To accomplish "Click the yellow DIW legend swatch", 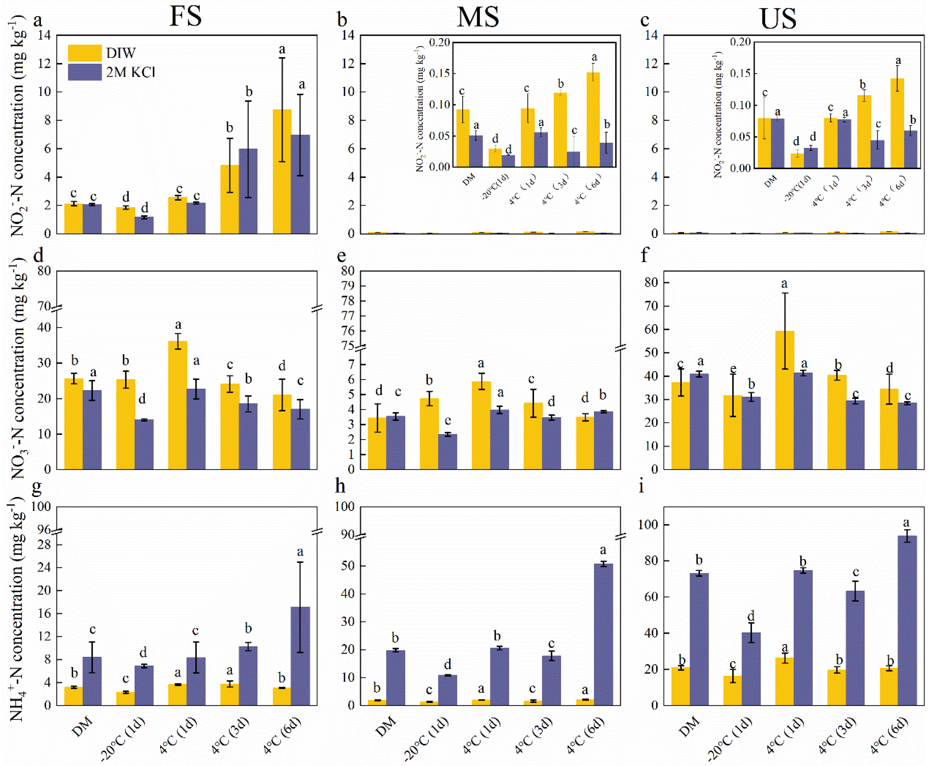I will [84, 53].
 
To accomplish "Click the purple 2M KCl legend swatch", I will [84, 72].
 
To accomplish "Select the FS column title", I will [186, 17].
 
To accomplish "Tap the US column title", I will [778, 19].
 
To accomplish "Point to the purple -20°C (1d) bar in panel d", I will [144, 444].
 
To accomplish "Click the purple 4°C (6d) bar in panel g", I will [300, 656].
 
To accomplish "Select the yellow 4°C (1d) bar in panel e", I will [481, 425].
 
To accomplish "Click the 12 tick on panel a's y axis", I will [44, 64].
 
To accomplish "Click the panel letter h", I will [340, 486].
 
